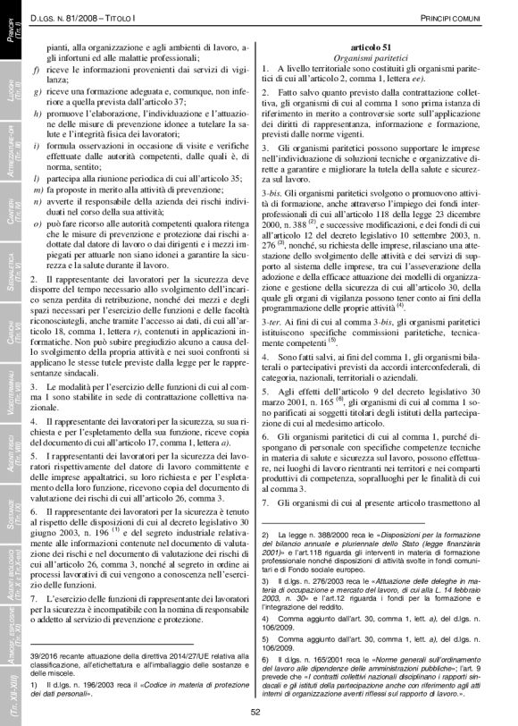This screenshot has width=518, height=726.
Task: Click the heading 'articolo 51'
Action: click(371, 46)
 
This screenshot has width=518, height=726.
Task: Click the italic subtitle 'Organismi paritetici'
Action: click(371, 57)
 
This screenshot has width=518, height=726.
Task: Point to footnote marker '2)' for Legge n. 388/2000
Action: click(266, 534)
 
